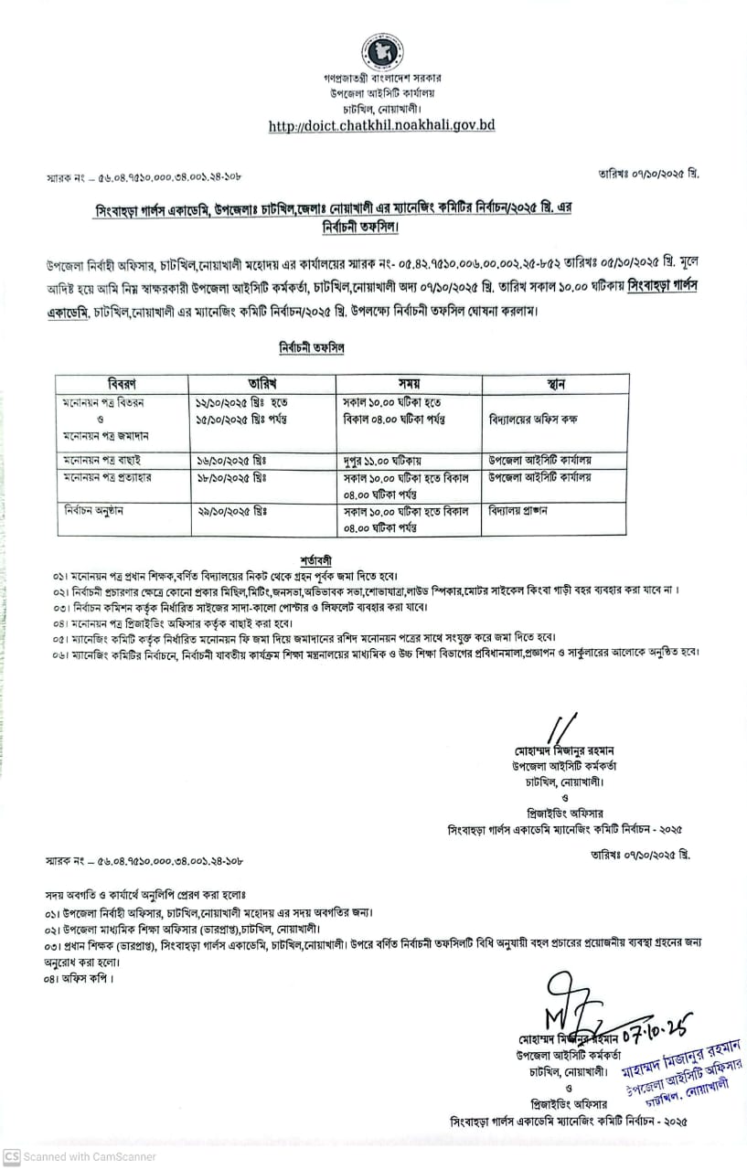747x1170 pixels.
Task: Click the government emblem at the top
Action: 381,51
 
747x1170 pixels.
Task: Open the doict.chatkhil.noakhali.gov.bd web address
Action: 381,125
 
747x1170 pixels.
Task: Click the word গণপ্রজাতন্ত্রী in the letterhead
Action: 339,80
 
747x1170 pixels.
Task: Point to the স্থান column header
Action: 555,383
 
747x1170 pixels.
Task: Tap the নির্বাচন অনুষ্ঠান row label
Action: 97,510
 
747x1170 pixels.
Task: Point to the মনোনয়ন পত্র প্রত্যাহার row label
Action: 111,477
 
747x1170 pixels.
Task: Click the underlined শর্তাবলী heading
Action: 315,559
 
